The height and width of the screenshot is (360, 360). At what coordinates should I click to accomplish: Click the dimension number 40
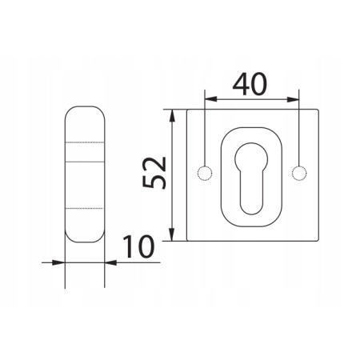(250, 84)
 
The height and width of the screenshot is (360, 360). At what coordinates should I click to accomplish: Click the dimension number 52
(154, 173)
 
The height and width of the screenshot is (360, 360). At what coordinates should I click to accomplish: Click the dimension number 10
(138, 247)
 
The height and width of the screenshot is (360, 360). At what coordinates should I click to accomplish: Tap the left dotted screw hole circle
(205, 173)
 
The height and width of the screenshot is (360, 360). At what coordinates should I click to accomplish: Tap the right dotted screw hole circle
(299, 173)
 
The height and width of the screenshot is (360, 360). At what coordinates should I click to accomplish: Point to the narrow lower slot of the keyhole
(252, 192)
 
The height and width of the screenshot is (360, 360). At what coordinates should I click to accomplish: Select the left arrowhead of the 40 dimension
(210, 99)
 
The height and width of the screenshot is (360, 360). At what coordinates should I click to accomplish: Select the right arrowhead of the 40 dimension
(293, 99)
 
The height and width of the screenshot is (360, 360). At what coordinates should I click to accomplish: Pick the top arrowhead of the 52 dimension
(172, 115)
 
